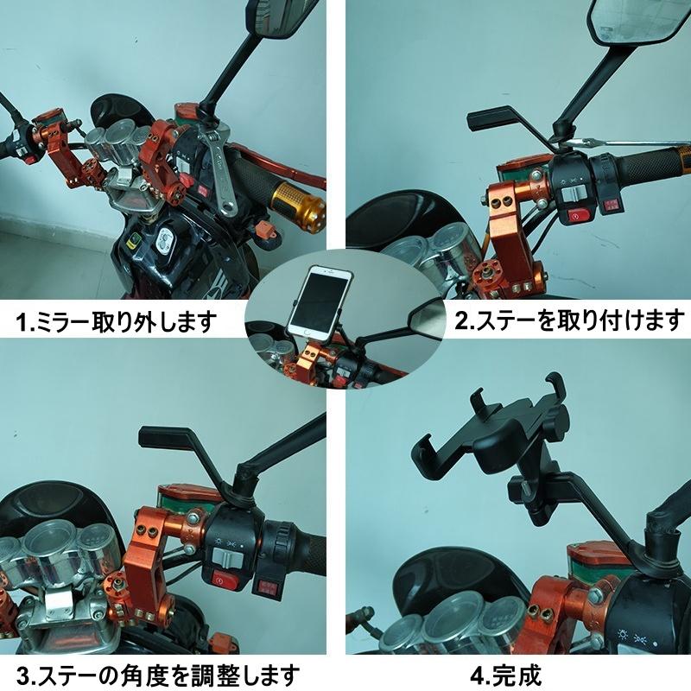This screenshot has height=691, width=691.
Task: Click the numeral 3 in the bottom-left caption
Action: [x=12, y=673]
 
